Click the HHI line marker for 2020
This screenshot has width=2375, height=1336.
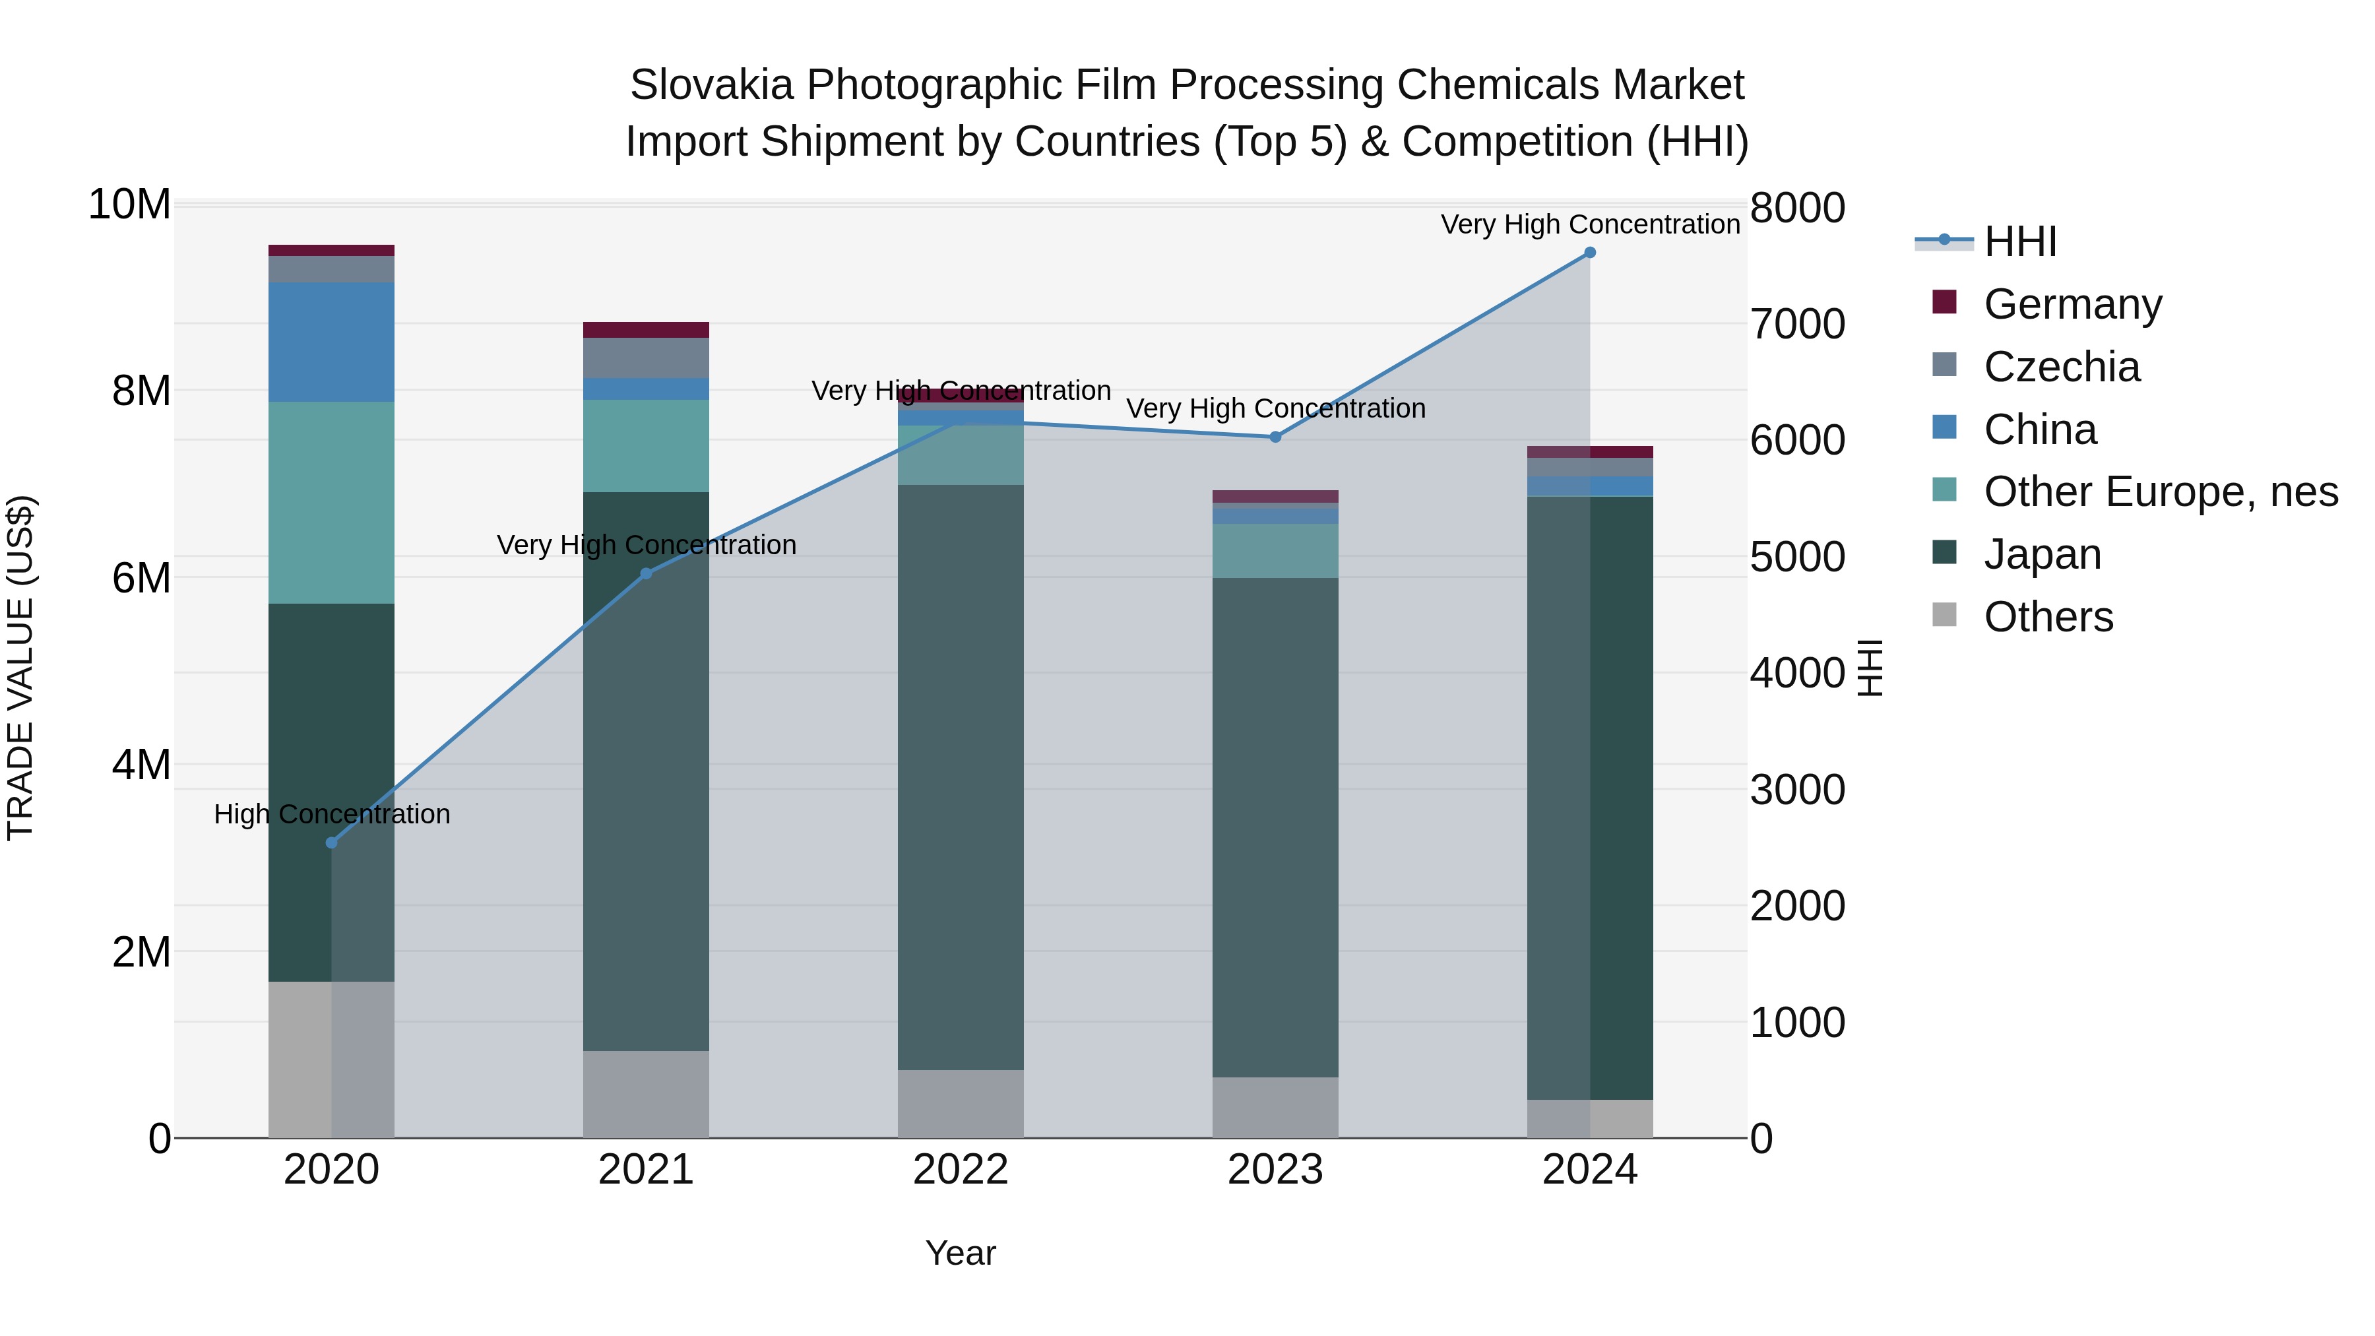332,843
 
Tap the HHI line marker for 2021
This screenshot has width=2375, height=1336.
647,573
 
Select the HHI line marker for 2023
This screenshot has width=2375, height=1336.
1276,437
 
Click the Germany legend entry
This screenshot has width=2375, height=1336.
2072,304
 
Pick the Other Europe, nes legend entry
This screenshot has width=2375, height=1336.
2160,492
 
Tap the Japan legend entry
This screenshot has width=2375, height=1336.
2042,555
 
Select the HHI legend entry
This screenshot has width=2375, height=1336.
2019,241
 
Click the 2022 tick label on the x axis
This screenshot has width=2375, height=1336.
961,1170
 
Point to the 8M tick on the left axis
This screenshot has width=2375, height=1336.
141,391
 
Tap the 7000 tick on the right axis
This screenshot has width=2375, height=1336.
1797,325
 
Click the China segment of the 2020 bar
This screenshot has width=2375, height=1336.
332,342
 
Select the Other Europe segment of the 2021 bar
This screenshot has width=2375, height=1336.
647,445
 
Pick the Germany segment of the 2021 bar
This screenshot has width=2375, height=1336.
647,330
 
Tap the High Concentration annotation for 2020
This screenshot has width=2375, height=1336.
332,814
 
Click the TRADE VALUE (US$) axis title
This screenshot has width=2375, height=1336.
20,668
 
